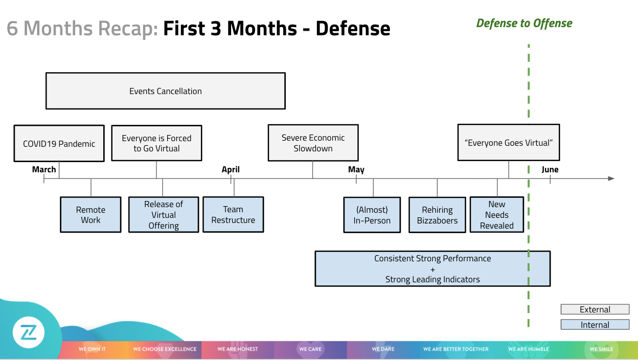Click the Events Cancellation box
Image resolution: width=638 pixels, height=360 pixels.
pos(165,91)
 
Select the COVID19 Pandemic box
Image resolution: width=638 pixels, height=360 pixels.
pos(59,144)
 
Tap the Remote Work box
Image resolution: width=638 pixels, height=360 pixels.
pos(90,215)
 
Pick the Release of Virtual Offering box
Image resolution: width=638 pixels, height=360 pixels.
pos(164,215)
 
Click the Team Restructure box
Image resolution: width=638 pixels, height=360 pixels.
pos(233,215)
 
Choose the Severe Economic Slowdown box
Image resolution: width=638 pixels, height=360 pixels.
pos(313,143)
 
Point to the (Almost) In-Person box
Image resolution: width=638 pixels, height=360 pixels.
pos(372,215)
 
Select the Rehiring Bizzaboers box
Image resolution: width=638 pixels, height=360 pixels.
pos(437,215)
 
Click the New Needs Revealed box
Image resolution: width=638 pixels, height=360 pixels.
pos(497,215)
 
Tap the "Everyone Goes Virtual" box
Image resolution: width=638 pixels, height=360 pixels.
pos(508,143)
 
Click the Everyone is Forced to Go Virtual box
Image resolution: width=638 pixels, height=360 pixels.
pos(156,143)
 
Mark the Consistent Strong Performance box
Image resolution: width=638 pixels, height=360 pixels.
pos(432,268)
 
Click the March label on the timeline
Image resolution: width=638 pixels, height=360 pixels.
pos(44,169)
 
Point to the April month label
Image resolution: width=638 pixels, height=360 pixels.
pos(231,169)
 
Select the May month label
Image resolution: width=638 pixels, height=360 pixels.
pos(356,169)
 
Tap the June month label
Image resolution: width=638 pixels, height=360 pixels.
pos(550,169)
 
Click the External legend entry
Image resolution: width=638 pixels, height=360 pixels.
pos(595,309)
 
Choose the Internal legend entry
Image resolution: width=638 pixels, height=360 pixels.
pos(595,325)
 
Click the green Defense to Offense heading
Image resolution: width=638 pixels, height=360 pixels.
pos(524,23)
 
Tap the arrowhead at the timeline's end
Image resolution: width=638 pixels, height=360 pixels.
pos(611,178)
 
